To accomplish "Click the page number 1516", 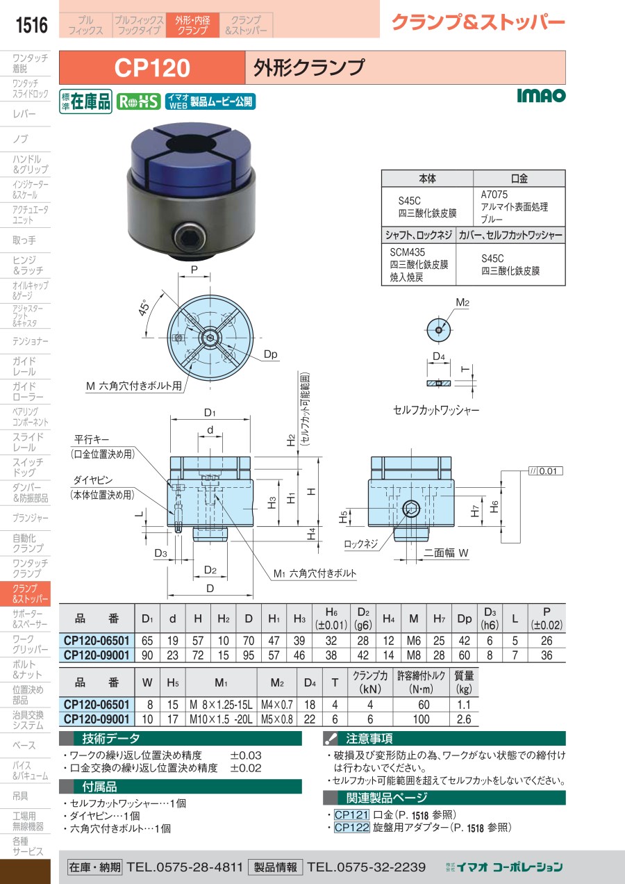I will click(31, 26).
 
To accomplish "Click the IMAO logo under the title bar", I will click(541, 96).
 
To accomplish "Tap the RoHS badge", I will click(139, 101).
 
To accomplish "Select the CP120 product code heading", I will click(151, 68).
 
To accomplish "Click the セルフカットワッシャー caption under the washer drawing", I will click(436, 410).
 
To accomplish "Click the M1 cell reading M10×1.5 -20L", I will click(222, 719).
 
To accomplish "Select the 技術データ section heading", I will click(111, 739).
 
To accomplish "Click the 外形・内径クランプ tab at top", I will click(192, 26).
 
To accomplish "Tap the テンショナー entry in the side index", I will click(31, 341).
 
